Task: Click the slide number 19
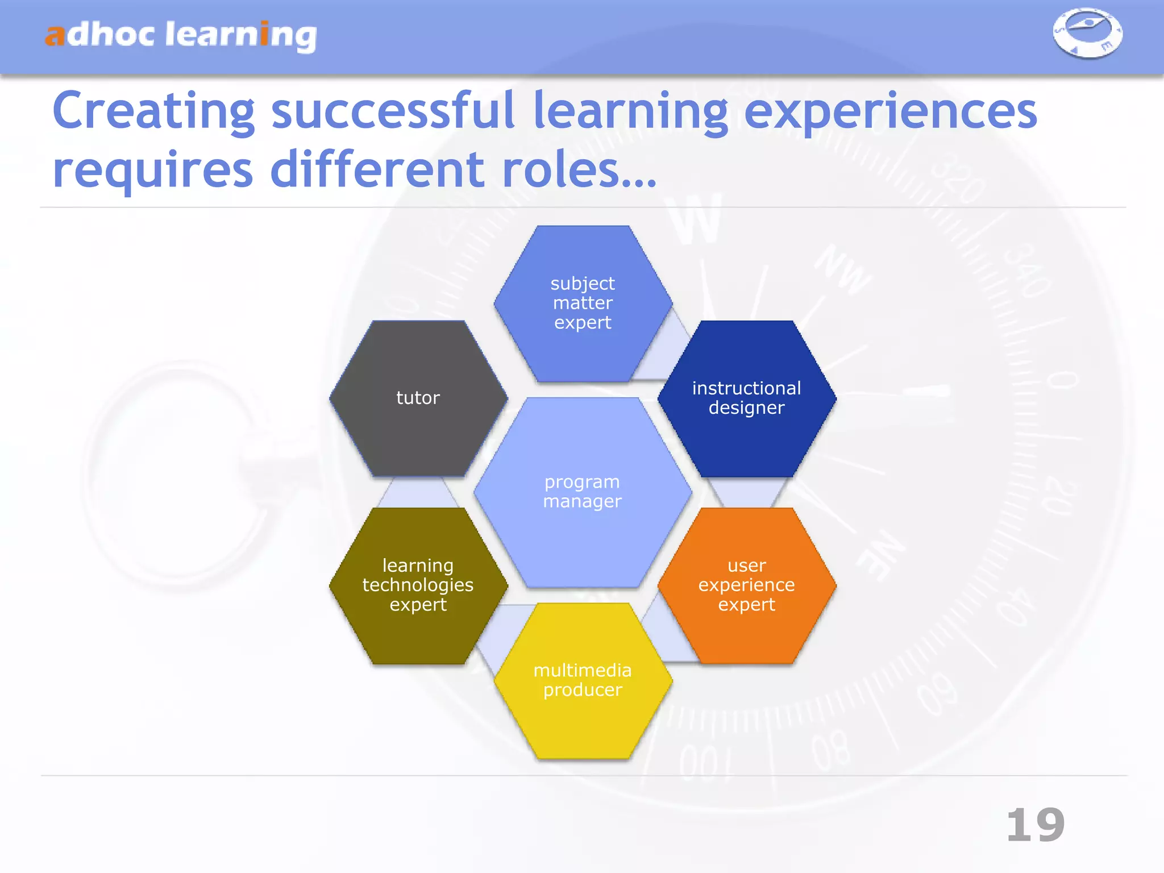point(1035,825)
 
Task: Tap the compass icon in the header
point(1087,33)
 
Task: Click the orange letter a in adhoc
point(55,35)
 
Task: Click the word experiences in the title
point(890,113)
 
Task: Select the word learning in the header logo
point(240,35)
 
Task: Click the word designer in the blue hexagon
point(746,408)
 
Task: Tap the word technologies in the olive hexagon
point(418,585)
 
